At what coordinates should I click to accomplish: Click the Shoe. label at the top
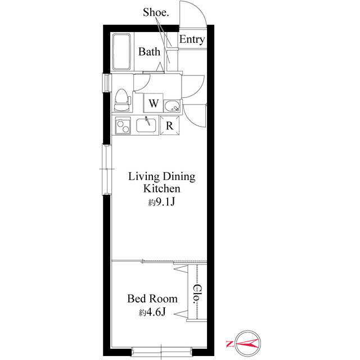(x=156, y=12)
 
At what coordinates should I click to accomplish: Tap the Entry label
(x=192, y=39)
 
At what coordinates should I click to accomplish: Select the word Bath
(x=149, y=51)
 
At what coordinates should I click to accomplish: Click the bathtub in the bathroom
(x=121, y=52)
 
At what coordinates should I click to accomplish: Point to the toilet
(x=122, y=100)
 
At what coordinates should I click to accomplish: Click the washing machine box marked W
(x=154, y=103)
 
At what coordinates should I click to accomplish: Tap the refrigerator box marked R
(x=170, y=125)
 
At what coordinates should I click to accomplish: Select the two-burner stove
(x=123, y=125)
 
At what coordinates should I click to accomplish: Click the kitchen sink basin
(x=146, y=125)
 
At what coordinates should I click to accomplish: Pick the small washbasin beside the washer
(x=172, y=106)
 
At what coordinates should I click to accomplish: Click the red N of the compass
(x=229, y=344)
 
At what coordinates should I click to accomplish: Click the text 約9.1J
(x=161, y=202)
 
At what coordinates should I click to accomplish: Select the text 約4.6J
(x=152, y=312)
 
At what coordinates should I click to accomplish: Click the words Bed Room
(x=152, y=299)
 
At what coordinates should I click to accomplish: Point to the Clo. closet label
(x=197, y=295)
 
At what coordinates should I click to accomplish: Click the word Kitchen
(x=162, y=188)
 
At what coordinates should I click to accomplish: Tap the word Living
(x=144, y=176)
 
